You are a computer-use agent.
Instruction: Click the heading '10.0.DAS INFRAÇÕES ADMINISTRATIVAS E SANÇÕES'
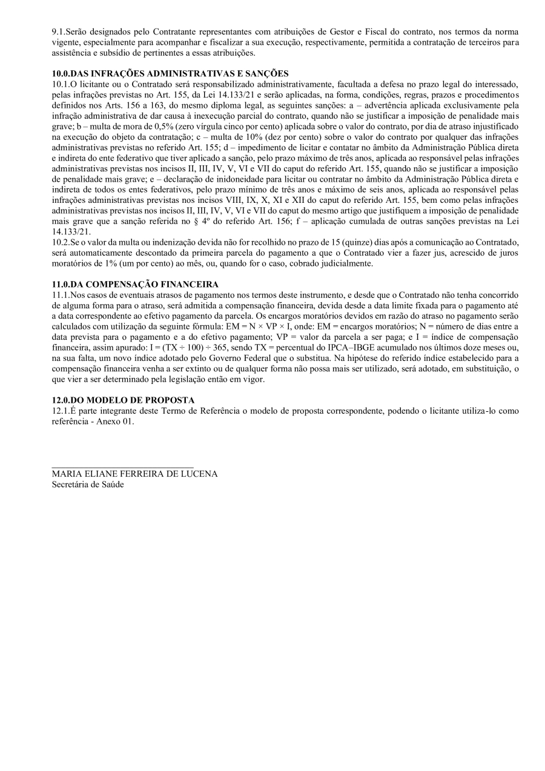point(170,73)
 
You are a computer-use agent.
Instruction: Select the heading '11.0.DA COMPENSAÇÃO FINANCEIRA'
point(135,284)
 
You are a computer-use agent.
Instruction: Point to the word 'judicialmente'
point(346,263)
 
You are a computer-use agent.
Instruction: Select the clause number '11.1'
point(61,294)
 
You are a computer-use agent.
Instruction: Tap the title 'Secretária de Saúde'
point(88,485)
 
